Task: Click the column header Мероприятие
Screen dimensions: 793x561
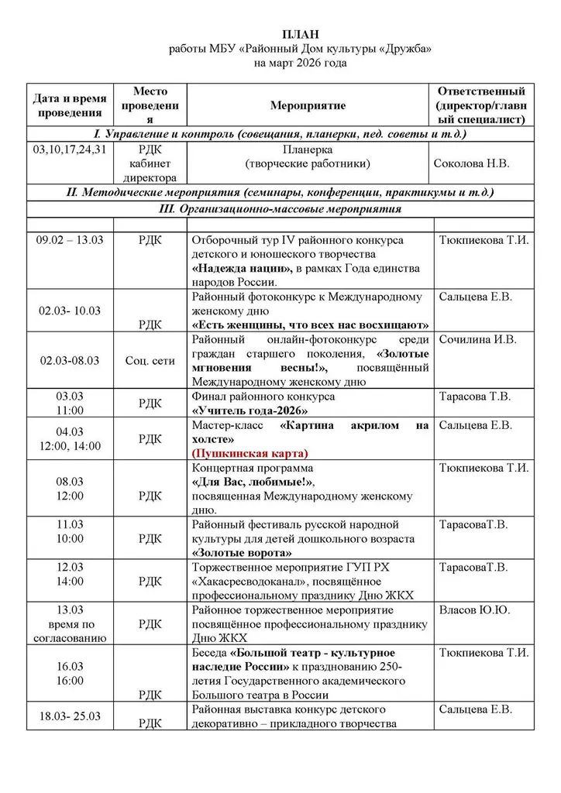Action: tap(308, 105)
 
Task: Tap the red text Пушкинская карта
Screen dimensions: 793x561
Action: tap(250, 453)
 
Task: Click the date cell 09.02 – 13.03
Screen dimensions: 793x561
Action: tap(70, 240)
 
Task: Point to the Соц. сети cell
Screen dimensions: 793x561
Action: tap(150, 360)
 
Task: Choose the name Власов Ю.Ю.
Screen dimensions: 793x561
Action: tap(475, 610)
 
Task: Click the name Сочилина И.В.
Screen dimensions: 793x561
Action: tap(477, 339)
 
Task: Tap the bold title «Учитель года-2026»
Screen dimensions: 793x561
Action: tap(250, 410)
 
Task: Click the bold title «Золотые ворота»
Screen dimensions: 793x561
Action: tap(242, 553)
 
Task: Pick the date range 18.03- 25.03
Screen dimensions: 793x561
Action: tap(70, 716)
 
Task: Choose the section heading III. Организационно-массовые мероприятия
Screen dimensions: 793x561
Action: tap(280, 208)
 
